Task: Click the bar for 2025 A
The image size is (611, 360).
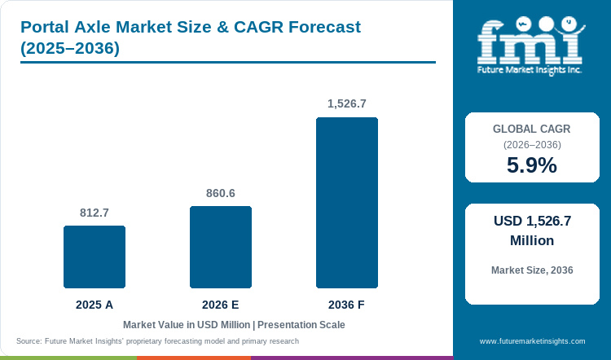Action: tap(95, 257)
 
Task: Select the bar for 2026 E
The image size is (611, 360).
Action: tap(221, 247)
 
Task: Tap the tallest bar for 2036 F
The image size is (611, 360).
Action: tap(347, 203)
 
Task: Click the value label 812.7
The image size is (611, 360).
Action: tap(95, 213)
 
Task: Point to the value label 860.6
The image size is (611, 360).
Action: tap(221, 193)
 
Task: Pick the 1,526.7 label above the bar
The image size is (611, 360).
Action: tap(347, 103)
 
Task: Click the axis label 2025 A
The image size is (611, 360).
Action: tap(95, 305)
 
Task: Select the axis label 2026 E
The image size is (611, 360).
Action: tap(221, 305)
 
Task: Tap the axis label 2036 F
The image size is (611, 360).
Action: tap(346, 305)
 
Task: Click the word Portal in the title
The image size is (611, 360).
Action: tap(45, 27)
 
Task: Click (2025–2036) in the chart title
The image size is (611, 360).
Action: tap(70, 48)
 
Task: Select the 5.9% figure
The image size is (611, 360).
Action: tap(532, 165)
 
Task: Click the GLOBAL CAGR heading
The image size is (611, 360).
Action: tap(531, 129)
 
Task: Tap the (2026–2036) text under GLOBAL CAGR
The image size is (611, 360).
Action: tap(532, 145)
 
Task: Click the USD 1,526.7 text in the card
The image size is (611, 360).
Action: tap(532, 221)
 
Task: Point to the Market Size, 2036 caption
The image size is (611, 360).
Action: tap(532, 270)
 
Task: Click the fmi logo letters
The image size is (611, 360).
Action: tap(530, 42)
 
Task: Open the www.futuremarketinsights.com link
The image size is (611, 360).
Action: tap(532, 341)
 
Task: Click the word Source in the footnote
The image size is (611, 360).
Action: tap(29, 341)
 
